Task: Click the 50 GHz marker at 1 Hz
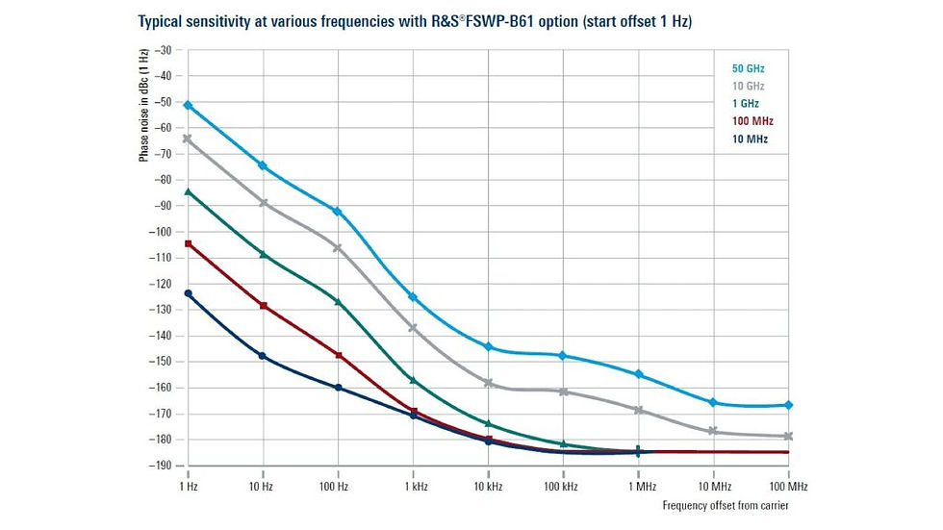pos(188,105)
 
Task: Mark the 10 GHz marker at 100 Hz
pos(338,248)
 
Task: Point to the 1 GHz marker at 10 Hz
pos(263,254)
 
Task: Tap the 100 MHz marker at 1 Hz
pos(188,243)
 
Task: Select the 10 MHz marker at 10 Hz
pos(263,356)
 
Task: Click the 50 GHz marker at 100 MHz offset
pos(788,405)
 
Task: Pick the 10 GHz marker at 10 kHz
pos(488,383)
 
